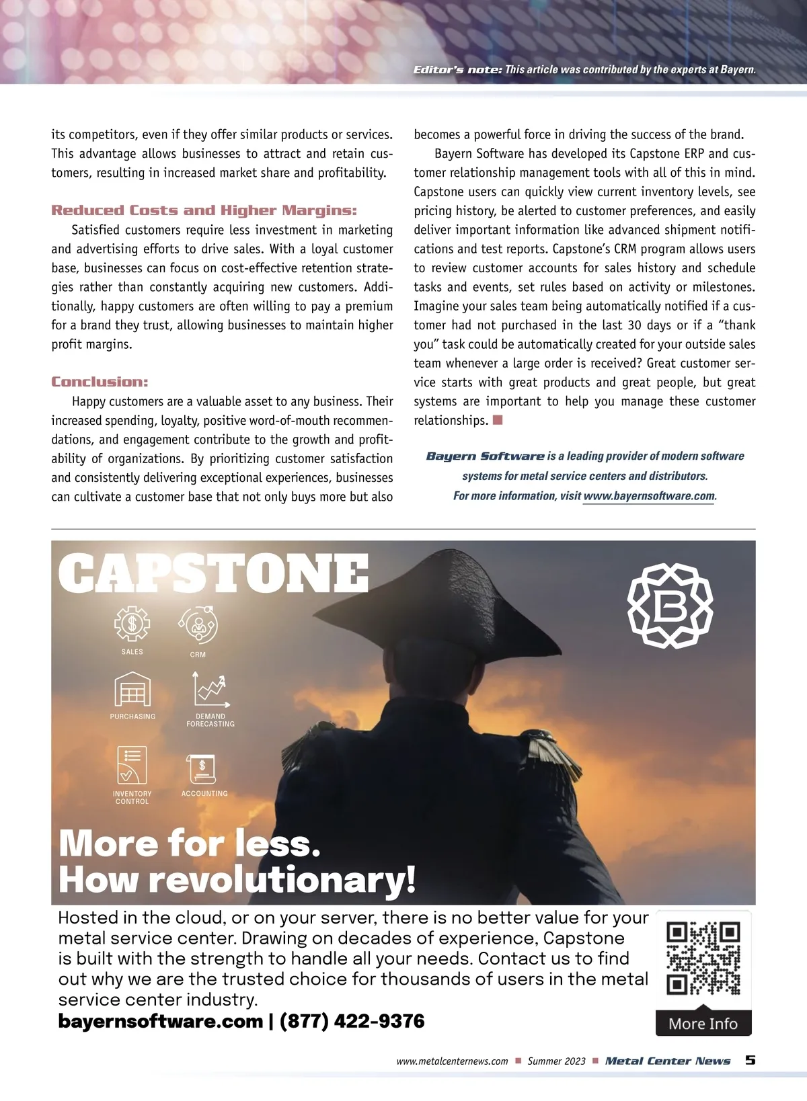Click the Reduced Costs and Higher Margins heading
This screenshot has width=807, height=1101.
pos(204,210)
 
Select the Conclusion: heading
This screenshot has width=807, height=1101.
pos(100,382)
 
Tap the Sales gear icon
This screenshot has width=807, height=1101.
pos(132,624)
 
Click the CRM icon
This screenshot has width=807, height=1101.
pos(198,626)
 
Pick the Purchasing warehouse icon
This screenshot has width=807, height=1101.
pos(132,690)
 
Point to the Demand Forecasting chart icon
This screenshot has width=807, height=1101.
pos(211,690)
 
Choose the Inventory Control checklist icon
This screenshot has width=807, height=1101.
pos(132,765)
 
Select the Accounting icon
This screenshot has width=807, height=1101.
pos(202,768)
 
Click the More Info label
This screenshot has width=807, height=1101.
pos(703,1024)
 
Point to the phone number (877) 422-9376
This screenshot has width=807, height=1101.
pos(352,1021)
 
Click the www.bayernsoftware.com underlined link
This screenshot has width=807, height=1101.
pos(648,496)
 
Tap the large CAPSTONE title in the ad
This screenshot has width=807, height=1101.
pos(214,574)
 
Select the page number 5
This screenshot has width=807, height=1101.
pos(750,1060)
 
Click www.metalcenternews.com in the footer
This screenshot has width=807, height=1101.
pos(452,1061)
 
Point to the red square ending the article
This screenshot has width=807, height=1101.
pos(498,420)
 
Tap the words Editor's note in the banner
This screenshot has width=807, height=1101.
pos(457,70)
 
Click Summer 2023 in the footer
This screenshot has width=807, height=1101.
pos(556,1061)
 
